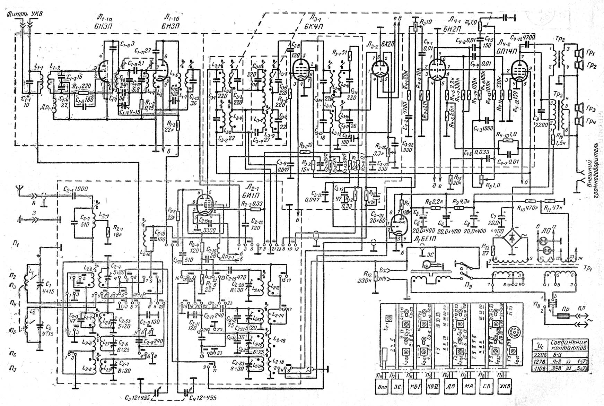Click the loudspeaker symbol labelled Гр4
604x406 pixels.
point(578,121)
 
